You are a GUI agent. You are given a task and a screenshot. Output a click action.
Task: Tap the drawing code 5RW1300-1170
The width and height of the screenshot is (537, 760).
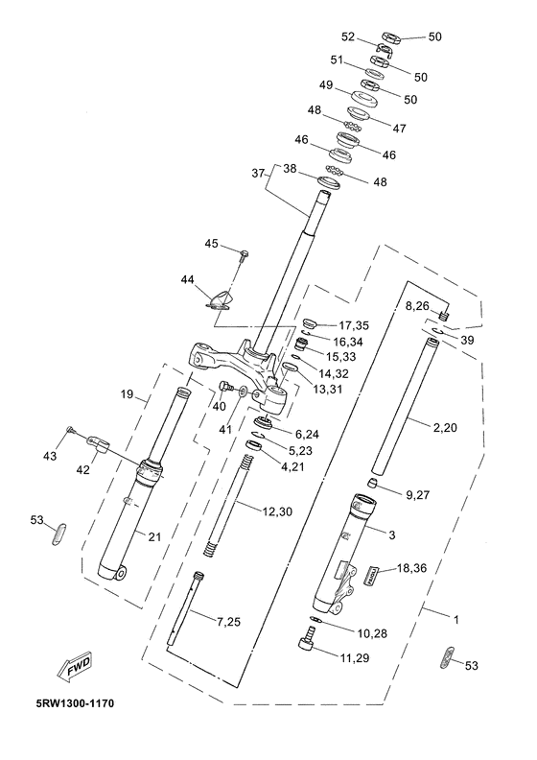pyautogui.click(x=75, y=702)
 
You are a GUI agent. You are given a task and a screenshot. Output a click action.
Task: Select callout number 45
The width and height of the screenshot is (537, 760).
pyautogui.click(x=212, y=244)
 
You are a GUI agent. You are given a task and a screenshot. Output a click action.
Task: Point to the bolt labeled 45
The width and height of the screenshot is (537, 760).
pyautogui.click(x=244, y=253)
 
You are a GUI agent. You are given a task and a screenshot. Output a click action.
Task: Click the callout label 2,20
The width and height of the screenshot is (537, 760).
pyautogui.click(x=445, y=428)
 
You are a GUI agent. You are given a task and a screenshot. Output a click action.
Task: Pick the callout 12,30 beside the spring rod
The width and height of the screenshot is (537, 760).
pyautogui.click(x=277, y=511)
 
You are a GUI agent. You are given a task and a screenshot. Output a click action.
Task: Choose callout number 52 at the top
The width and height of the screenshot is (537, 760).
pyautogui.click(x=348, y=36)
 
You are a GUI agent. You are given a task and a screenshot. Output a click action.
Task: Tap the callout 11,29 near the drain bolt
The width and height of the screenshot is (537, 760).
pyautogui.click(x=355, y=657)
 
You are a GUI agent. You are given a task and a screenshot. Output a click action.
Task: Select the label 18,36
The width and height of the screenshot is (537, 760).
pyautogui.click(x=412, y=567)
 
